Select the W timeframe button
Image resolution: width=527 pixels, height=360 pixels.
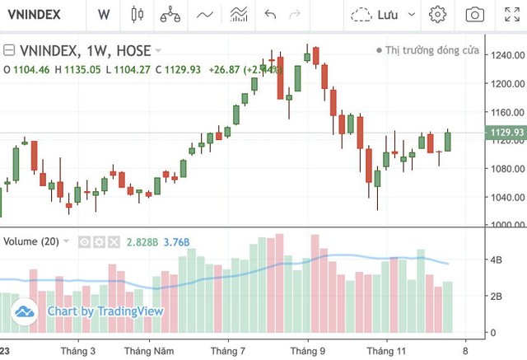103,14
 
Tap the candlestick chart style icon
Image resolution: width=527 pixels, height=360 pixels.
137,14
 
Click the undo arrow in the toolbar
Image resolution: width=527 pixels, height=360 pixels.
270,14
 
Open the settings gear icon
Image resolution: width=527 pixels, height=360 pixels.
437,14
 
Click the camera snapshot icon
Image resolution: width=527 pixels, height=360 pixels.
474,14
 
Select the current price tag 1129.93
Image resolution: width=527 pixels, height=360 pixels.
506,133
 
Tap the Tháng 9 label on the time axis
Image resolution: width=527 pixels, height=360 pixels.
308,350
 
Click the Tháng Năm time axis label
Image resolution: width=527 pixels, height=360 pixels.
148,350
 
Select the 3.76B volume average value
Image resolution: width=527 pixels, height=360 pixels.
176,241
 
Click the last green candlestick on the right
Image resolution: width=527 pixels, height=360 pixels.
448,140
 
